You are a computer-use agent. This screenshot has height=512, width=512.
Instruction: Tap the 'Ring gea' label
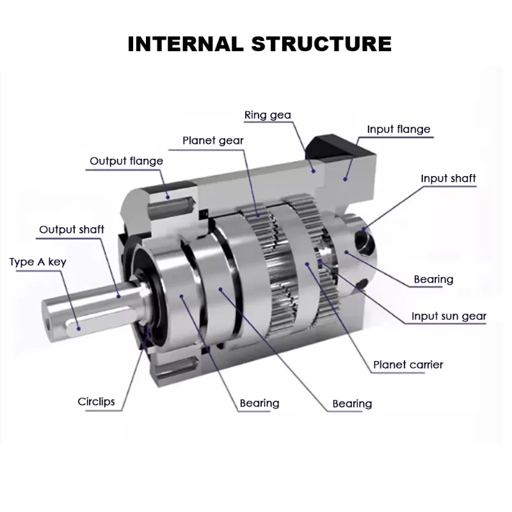pyautogui.click(x=267, y=115)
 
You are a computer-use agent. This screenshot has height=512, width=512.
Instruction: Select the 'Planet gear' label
pyautogui.click(x=212, y=140)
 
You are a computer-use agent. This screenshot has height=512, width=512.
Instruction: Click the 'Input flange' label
pyautogui.click(x=398, y=129)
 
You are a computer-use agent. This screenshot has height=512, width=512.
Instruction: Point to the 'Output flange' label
pyautogui.click(x=126, y=161)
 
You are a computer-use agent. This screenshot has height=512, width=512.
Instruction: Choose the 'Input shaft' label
pyautogui.click(x=448, y=179)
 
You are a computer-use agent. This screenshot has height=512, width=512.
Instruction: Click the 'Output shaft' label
pyautogui.click(x=71, y=229)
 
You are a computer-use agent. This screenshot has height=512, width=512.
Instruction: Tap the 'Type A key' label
pyautogui.click(x=37, y=262)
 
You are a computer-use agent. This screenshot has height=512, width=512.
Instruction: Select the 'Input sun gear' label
pyautogui.click(x=449, y=316)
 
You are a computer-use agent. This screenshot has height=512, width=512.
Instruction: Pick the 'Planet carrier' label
pyautogui.click(x=408, y=364)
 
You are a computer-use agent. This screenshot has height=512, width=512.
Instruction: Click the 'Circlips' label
pyautogui.click(x=96, y=401)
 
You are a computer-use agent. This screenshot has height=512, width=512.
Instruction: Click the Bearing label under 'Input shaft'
pyautogui.click(x=433, y=279)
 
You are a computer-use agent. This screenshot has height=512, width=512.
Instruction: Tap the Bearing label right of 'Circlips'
pyautogui.click(x=259, y=403)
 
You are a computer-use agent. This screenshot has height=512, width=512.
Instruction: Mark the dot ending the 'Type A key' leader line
pyautogui.click(x=79, y=327)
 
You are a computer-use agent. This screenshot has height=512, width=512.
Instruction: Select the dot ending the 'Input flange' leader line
pyautogui.click(x=346, y=179)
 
